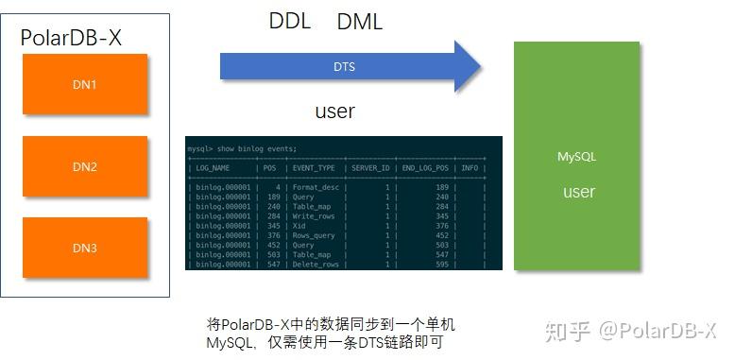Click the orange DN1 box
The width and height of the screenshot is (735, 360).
(x=85, y=85)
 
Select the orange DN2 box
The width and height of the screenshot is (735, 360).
(x=85, y=167)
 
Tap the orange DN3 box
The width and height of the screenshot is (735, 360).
(x=85, y=248)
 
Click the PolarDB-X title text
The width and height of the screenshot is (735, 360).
(x=71, y=39)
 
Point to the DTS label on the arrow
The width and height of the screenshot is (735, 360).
(x=344, y=67)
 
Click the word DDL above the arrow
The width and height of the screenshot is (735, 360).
(x=290, y=22)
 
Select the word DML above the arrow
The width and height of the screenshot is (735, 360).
(x=360, y=23)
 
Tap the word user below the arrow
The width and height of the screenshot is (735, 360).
(x=334, y=111)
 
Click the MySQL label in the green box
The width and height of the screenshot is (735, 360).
(x=577, y=157)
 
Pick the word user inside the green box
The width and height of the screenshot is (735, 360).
(x=578, y=192)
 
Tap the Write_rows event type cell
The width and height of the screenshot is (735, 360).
(x=315, y=216)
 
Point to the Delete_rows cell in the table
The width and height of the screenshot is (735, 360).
(x=316, y=265)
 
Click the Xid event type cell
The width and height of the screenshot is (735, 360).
(x=300, y=226)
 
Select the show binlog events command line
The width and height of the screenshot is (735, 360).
(x=242, y=148)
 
